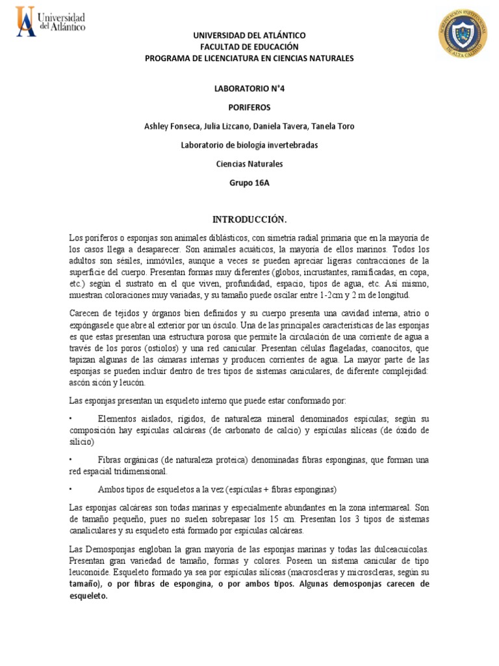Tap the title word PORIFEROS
249,107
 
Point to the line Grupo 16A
249,183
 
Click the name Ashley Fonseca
172,126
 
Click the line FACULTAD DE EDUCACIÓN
249,47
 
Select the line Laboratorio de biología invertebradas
249,145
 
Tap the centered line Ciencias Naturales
249,164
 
